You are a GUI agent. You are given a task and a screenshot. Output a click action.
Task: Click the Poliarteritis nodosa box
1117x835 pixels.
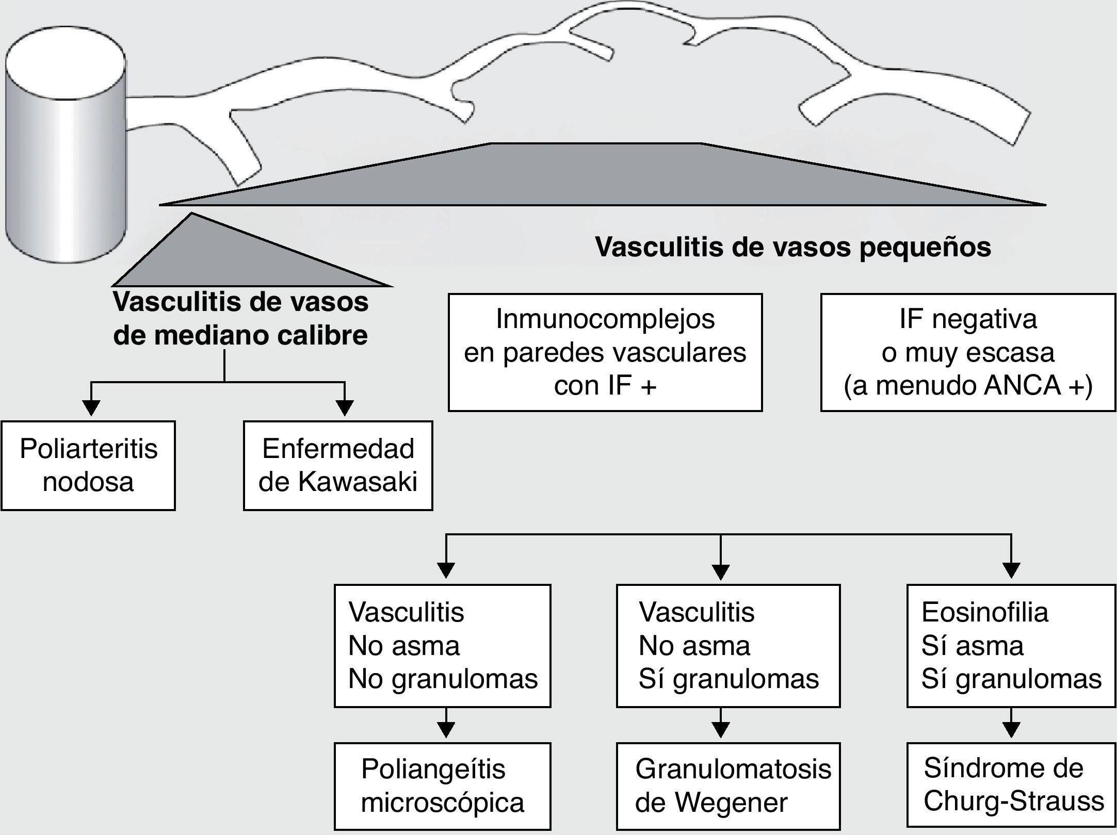[88, 466]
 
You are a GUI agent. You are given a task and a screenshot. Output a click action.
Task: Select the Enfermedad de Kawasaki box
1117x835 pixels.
[338, 466]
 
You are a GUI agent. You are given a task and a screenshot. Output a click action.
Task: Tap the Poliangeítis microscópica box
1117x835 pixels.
[442, 786]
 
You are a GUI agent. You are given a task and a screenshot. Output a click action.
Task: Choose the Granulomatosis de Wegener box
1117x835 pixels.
[728, 786]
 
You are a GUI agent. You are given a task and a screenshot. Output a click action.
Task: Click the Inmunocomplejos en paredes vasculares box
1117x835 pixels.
[605, 352]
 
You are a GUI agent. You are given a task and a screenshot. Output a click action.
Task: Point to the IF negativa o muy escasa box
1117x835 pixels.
[968, 352]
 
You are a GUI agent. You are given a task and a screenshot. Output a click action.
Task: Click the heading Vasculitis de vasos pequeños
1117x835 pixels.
[793, 247]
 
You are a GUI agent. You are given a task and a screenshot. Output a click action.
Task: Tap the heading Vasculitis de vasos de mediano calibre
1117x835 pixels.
[241, 319]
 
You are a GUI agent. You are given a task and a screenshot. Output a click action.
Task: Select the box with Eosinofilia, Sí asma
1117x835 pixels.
[1011, 645]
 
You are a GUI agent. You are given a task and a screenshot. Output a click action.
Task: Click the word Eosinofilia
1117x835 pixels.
[985, 613]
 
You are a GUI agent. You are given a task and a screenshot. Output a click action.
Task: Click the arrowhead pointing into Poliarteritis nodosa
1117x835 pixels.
[91, 408]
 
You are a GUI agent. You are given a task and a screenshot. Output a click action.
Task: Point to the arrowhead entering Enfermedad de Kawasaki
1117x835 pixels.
[345, 408]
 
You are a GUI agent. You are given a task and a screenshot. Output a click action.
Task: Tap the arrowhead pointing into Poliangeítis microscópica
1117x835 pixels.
[446, 730]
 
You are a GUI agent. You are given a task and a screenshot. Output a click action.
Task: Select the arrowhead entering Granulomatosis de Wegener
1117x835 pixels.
[721, 730]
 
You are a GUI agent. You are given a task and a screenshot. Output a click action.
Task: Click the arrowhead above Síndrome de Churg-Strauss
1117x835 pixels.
[1011, 730]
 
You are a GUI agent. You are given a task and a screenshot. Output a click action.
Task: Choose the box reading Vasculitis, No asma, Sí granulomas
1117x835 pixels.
[728, 645]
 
